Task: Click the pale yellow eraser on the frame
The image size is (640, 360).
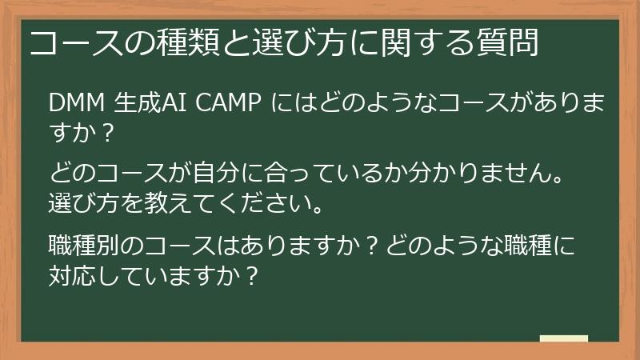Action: (x=563, y=338)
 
